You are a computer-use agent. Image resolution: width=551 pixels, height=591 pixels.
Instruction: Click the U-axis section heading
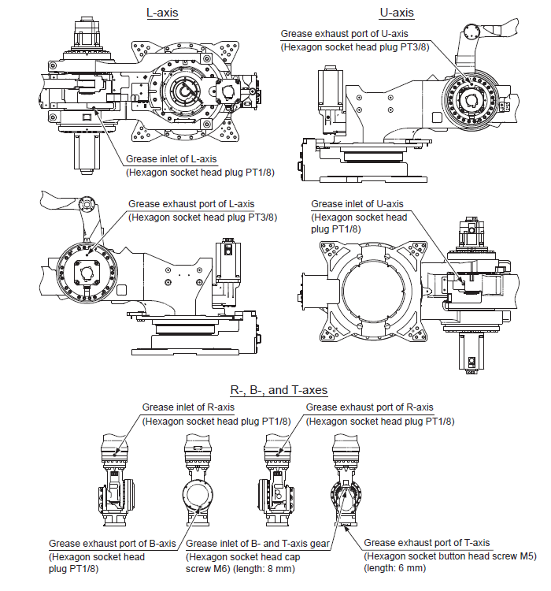[x=397, y=13]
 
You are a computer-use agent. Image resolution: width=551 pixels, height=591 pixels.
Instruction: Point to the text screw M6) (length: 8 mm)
[x=239, y=568]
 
